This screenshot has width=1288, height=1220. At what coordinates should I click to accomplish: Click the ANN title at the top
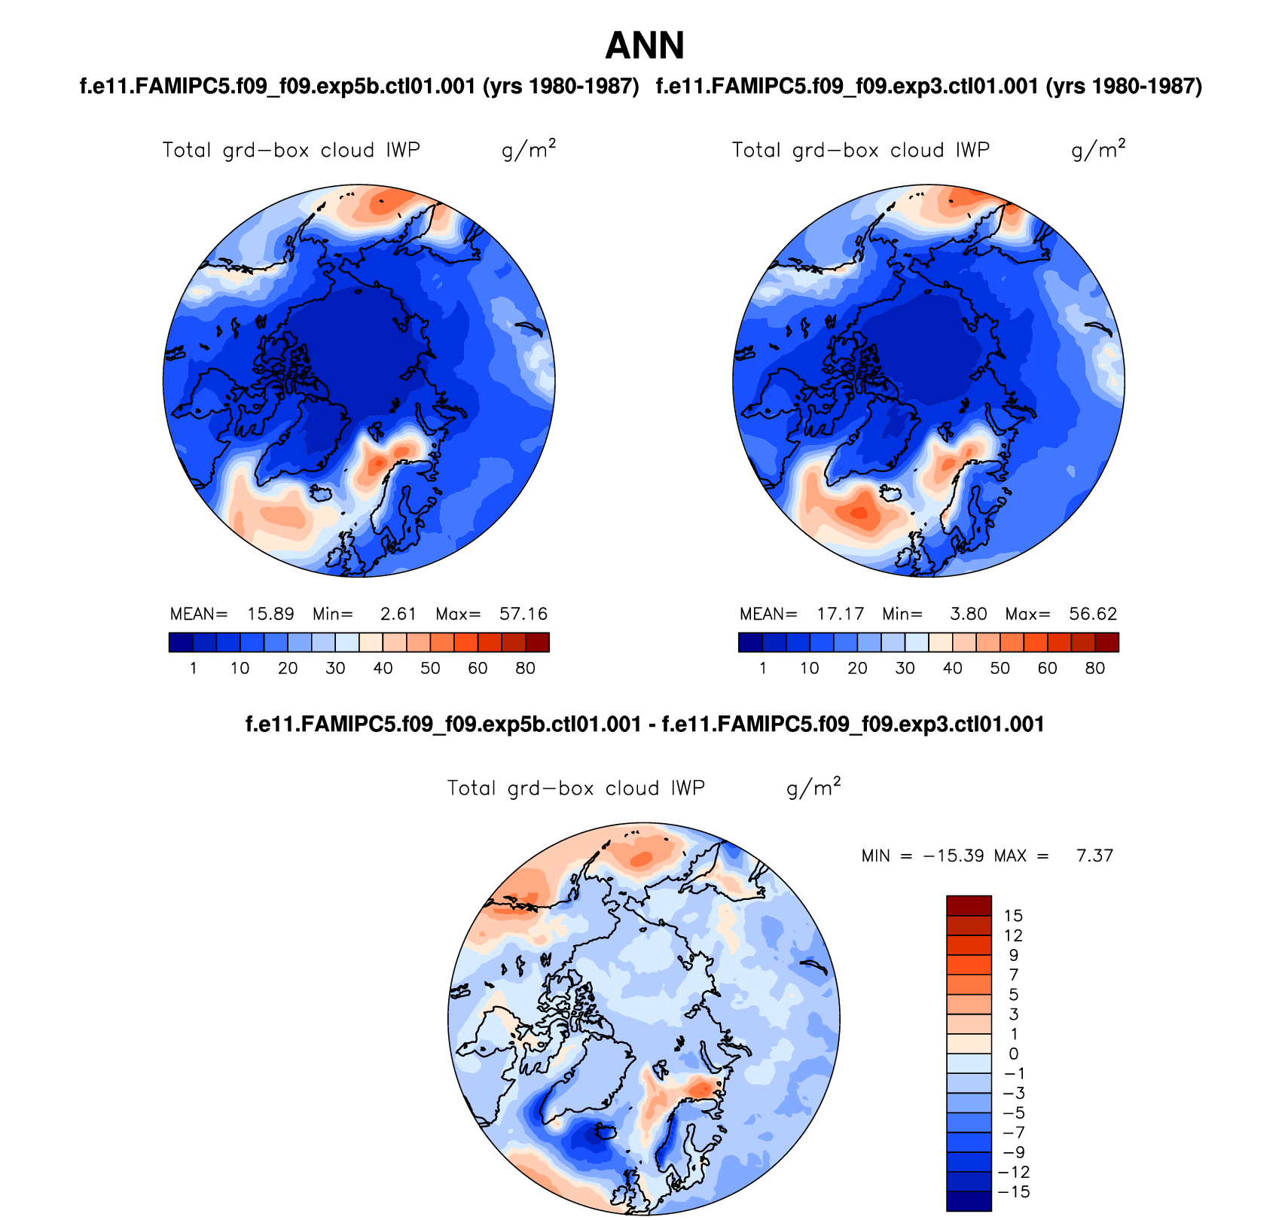[x=645, y=46]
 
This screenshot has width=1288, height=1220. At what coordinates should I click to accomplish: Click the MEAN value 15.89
[x=270, y=614]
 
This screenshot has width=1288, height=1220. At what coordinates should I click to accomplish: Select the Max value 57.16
[x=523, y=614]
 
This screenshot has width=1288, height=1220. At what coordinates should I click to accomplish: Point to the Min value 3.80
[x=968, y=614]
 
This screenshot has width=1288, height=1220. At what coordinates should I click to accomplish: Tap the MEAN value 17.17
[x=841, y=614]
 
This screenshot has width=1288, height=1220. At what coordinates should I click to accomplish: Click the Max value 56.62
[x=1093, y=614]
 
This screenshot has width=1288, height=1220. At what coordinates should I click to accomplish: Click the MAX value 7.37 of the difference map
[x=1094, y=856]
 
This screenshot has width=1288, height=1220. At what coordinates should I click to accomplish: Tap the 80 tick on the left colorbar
[x=525, y=668]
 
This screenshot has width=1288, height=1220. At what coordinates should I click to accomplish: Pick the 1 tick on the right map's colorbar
[x=763, y=668]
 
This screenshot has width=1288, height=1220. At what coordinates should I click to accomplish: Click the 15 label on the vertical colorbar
[x=1013, y=916]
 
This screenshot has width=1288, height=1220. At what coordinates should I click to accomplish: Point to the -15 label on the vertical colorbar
[x=1013, y=1192]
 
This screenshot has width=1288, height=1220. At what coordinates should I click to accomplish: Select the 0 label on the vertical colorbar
[x=1013, y=1054]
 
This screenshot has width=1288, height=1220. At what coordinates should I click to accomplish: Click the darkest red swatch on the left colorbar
[x=537, y=642]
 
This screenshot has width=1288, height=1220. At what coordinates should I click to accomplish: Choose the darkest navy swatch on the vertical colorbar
[x=969, y=1201]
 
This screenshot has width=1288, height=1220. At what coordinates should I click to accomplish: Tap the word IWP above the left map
[x=403, y=150]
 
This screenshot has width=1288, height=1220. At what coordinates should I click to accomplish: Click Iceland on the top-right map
[x=892, y=494]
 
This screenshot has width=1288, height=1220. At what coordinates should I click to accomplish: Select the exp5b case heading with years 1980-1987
[x=359, y=87]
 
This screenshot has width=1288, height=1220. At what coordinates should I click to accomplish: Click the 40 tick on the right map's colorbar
[x=953, y=668]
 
